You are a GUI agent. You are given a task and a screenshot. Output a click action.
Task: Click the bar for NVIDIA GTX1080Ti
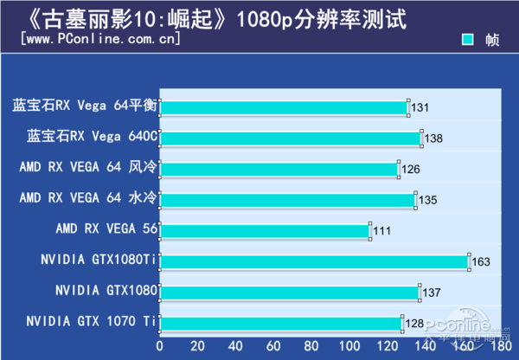pos(314,261)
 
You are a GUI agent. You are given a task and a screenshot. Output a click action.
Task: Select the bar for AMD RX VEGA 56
pos(265,230)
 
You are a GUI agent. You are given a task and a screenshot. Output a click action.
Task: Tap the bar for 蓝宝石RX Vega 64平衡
pos(284,107)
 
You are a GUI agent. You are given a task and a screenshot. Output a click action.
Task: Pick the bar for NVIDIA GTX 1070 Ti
pos(281,323)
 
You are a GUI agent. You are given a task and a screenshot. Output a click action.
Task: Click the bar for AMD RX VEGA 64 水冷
pos(287,200)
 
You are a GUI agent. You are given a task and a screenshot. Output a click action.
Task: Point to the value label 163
pos(480,262)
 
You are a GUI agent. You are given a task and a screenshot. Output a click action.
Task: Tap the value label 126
pos(411,170)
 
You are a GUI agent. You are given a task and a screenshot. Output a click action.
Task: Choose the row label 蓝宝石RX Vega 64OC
pos(93,137)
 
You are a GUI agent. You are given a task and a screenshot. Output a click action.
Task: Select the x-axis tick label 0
pos(159,345)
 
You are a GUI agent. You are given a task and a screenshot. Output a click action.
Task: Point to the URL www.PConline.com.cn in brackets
pos(99,39)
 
